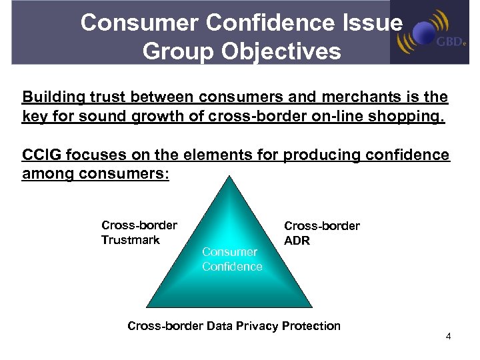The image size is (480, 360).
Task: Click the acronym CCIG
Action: tap(41, 156)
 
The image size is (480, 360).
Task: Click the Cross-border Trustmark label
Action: tap(139, 232)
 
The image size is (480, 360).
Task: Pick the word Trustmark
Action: tap(130, 240)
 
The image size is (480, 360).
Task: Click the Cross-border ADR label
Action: tap(321, 233)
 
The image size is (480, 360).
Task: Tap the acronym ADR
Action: tap(297, 241)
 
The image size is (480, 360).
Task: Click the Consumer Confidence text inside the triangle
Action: tap(231, 259)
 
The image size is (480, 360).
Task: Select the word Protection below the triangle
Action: tap(311, 326)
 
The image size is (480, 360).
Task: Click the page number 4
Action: tap(449, 336)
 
